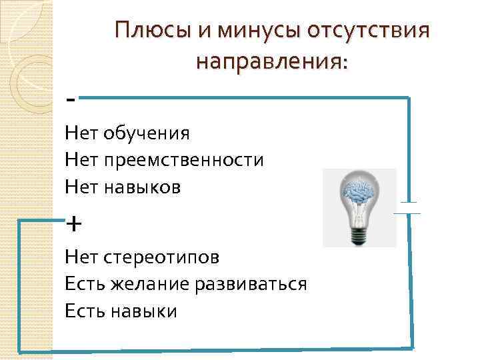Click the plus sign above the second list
click(x=74, y=223)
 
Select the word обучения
click(x=147, y=134)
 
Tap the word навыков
click(x=142, y=187)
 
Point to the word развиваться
click(x=251, y=284)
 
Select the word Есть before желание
click(x=83, y=284)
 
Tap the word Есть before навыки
click(x=83, y=311)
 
